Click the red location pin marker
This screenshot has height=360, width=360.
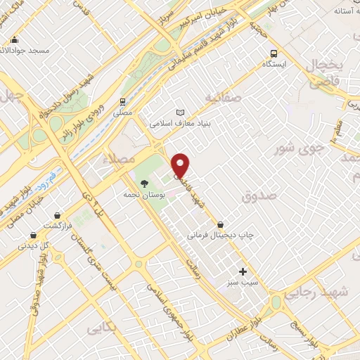pos(181,165)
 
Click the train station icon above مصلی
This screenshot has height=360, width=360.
pos(122,101)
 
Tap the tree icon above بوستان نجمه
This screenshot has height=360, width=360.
pos(144,183)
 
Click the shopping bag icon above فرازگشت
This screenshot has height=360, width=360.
pos(57,215)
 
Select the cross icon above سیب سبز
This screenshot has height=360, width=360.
pos(243,271)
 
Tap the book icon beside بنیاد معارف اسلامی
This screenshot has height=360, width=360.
pos(181,112)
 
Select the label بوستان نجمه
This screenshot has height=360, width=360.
pos(143,194)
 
